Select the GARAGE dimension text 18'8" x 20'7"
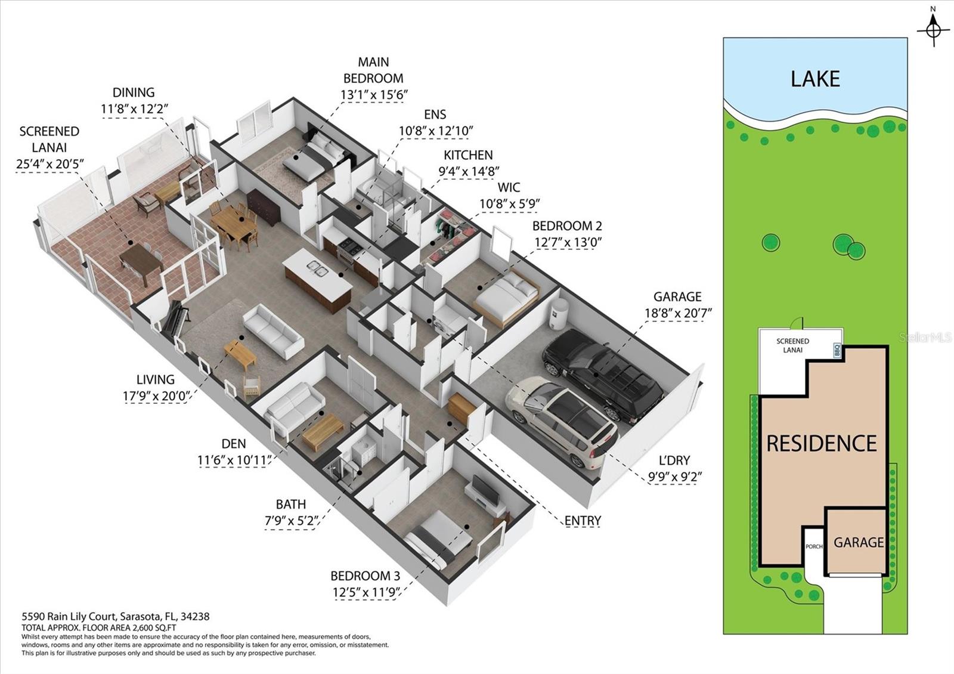click(x=678, y=313)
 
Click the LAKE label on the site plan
click(x=815, y=79)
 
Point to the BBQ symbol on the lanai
click(x=837, y=351)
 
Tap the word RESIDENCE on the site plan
click(x=822, y=443)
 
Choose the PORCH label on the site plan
click(x=814, y=546)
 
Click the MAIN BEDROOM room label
click(x=373, y=70)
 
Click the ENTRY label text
click(x=583, y=520)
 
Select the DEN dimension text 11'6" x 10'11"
click(x=234, y=460)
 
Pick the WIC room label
click(x=509, y=187)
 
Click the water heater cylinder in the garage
click(x=559, y=313)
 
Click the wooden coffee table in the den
click(x=323, y=432)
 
